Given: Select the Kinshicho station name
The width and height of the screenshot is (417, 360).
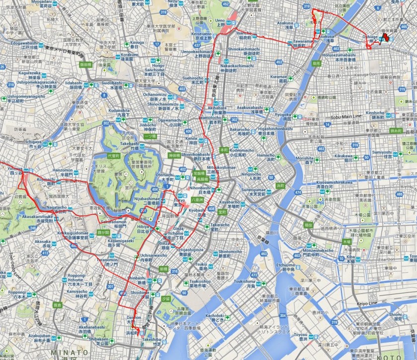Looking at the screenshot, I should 376,113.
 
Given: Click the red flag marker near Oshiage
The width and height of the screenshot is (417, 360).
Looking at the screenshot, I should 386,38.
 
